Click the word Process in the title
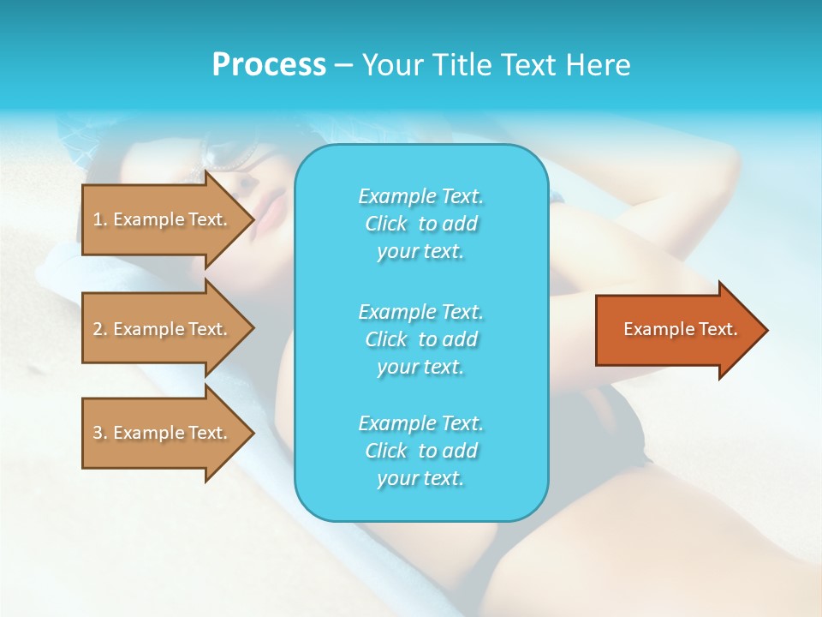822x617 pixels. click(269, 65)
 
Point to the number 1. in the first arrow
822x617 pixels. click(99, 219)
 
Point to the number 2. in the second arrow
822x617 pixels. click(99, 329)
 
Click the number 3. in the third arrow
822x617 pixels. click(99, 433)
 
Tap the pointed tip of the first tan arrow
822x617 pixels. click(251, 219)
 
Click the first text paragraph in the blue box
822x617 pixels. click(420, 224)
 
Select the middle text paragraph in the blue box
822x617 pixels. click(420, 339)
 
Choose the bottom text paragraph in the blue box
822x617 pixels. click(420, 451)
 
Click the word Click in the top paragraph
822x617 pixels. click(385, 224)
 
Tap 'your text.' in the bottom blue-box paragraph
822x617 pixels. click(420, 478)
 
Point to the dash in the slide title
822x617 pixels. click(343, 66)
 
